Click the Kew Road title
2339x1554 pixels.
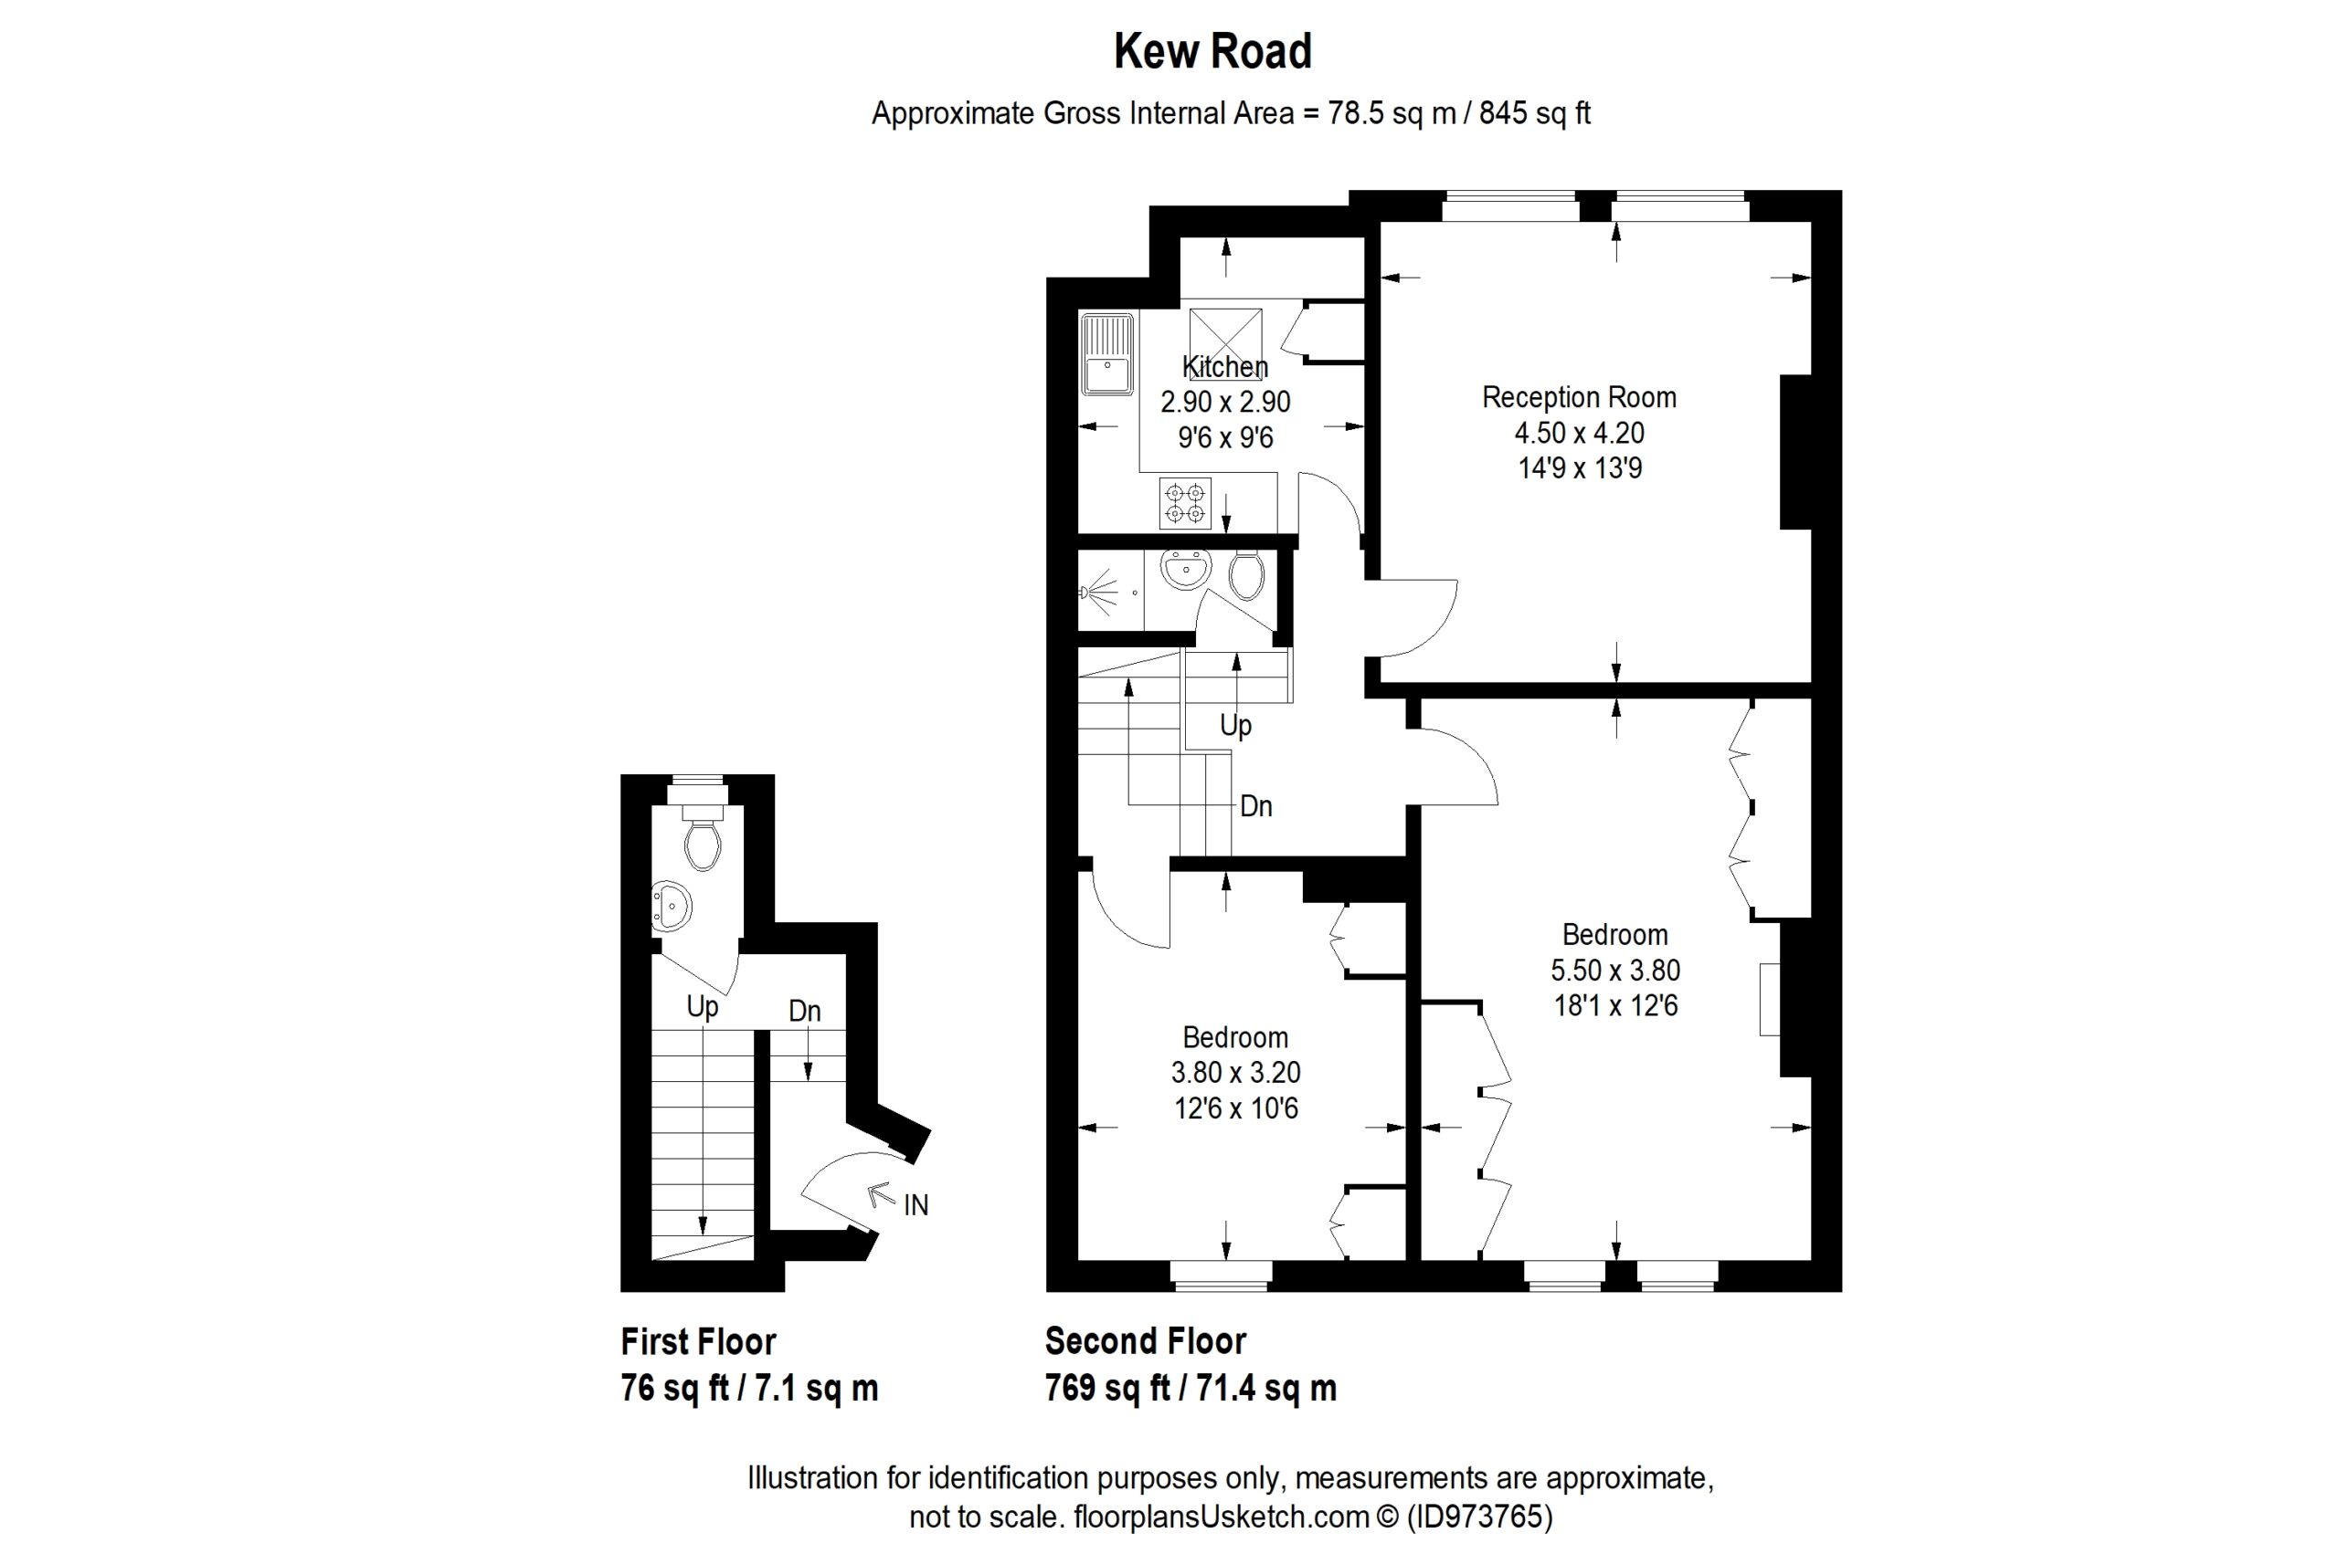(x=1212, y=51)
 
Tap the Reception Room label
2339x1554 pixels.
(x=1579, y=397)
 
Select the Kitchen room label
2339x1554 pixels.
(x=1224, y=367)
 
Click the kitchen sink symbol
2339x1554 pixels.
(x=1107, y=354)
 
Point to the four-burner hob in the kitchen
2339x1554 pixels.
(x=1185, y=503)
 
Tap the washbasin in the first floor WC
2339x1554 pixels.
(x=672, y=906)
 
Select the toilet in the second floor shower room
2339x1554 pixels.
(x=1246, y=575)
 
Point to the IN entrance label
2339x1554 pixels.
(x=915, y=1205)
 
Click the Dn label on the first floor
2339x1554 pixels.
(x=804, y=1011)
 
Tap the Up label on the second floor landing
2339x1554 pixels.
(x=1235, y=727)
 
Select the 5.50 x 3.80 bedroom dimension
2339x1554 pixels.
(x=1615, y=971)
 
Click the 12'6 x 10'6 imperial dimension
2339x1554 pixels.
(x=1235, y=1108)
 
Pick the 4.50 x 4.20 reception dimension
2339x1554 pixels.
(x=1579, y=433)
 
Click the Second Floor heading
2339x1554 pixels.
(x=1145, y=1341)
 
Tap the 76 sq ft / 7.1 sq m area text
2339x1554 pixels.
(x=749, y=1389)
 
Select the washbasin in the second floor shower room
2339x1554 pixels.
(x=1186, y=570)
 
